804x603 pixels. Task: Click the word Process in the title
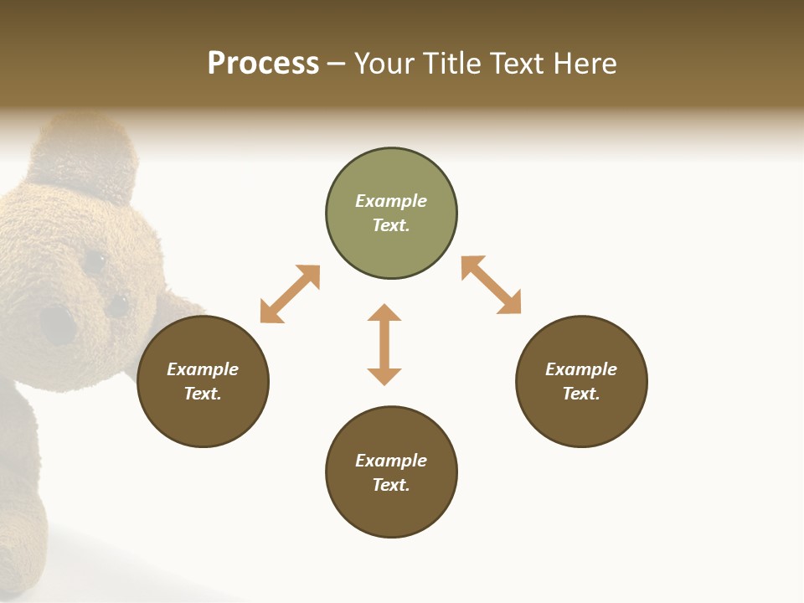(263, 64)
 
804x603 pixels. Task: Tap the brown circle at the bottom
(391, 511)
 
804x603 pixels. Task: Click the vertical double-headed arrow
(384, 344)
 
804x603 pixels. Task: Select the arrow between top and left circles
(290, 294)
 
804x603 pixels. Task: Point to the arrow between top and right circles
(491, 285)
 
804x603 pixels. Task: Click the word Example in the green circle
(391, 201)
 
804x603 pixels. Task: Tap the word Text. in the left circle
(203, 394)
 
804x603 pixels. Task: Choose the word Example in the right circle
(581, 369)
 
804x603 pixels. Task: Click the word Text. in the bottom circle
(391, 485)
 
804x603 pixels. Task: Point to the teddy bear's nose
(57, 325)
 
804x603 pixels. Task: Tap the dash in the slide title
(337, 64)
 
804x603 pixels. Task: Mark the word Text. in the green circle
(391, 225)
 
